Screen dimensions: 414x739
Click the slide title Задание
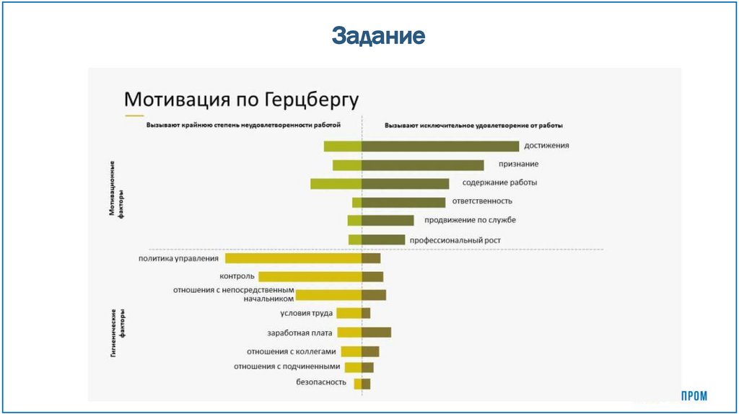378,35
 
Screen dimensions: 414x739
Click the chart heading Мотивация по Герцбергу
242,98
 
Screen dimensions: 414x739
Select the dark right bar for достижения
440,146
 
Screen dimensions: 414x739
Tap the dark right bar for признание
422,165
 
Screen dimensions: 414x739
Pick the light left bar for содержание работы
336,184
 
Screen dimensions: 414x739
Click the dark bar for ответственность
403,203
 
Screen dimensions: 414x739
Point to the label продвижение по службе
470,220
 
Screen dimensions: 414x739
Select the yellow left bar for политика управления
293,258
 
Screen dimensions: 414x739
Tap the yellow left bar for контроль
310,276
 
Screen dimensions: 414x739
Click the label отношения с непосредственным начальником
233,294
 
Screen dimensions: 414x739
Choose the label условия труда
306,314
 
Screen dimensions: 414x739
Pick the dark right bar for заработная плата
376,332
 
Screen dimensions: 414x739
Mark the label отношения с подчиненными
287,367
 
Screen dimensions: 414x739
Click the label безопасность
322,382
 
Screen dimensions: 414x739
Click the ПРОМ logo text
694,396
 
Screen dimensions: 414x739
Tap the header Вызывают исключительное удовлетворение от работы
473,125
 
